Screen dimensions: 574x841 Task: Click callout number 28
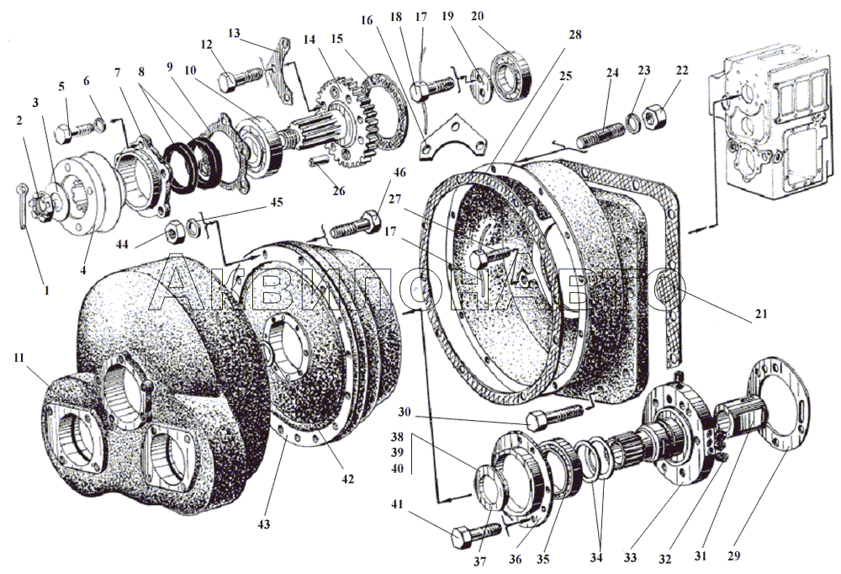pyautogui.click(x=574, y=35)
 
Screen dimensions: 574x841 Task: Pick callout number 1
pyautogui.click(x=47, y=290)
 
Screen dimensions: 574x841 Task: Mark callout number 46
pyautogui.click(x=399, y=173)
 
